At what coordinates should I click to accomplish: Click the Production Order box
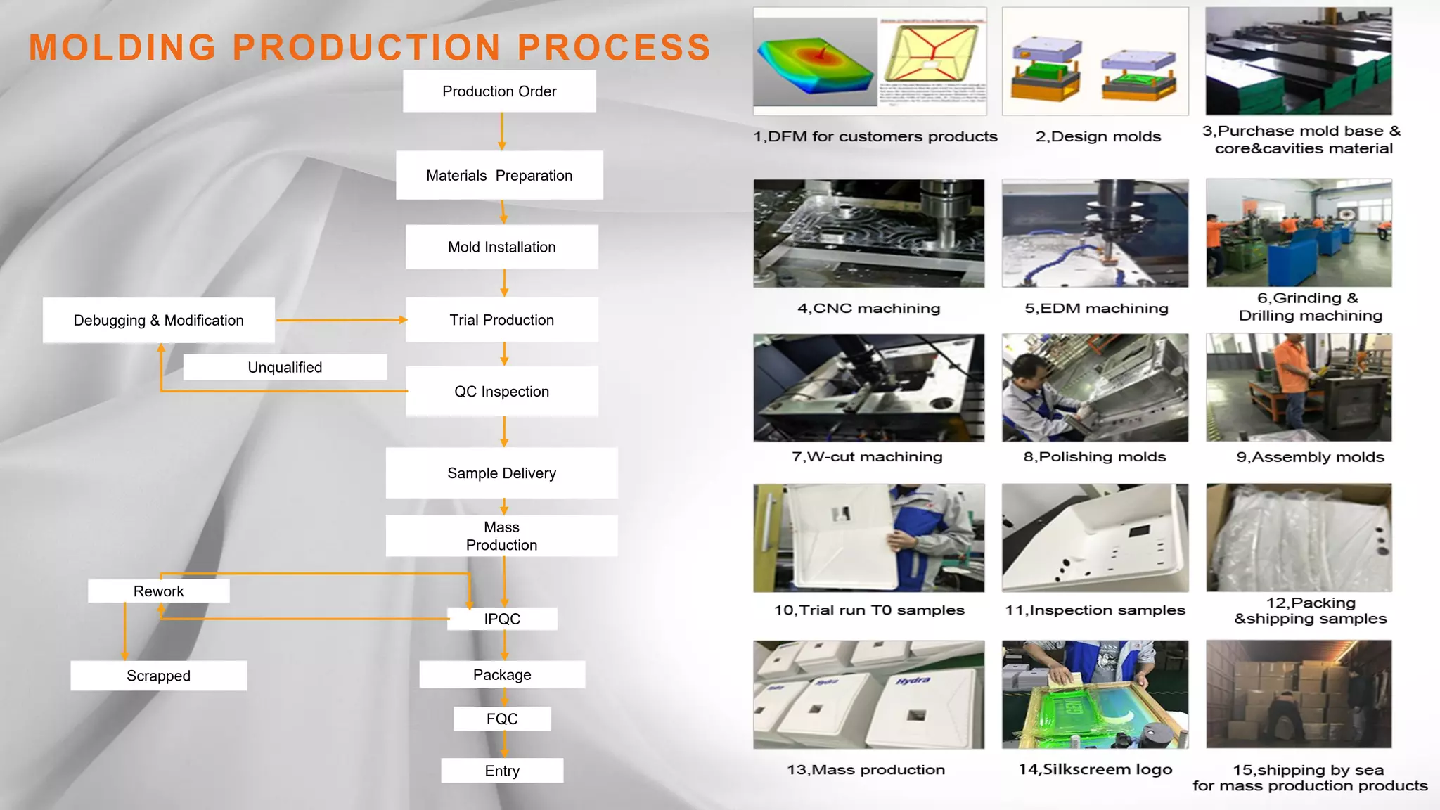click(x=499, y=91)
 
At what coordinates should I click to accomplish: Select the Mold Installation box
click(x=501, y=247)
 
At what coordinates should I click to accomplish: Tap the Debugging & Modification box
click(x=158, y=320)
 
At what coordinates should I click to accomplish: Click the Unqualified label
click(x=285, y=367)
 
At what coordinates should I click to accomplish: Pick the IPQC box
click(x=502, y=619)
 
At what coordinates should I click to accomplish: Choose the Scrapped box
click(x=158, y=676)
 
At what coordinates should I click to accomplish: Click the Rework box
click(x=158, y=591)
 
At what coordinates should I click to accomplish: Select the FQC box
click(x=502, y=719)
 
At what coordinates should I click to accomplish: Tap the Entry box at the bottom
click(x=502, y=771)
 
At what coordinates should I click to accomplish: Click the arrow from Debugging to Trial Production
click(x=341, y=320)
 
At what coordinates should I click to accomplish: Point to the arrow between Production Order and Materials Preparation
click(x=501, y=131)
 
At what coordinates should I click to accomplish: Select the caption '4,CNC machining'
click(x=868, y=308)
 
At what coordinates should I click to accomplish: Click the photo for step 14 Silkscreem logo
click(x=1095, y=694)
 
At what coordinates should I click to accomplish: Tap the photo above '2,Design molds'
click(x=1095, y=61)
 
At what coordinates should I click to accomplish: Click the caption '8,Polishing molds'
click(x=1095, y=457)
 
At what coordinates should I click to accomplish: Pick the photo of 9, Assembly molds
click(x=1299, y=387)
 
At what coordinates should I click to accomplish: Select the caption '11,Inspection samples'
click(x=1095, y=610)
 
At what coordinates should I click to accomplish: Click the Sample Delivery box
click(x=501, y=473)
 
